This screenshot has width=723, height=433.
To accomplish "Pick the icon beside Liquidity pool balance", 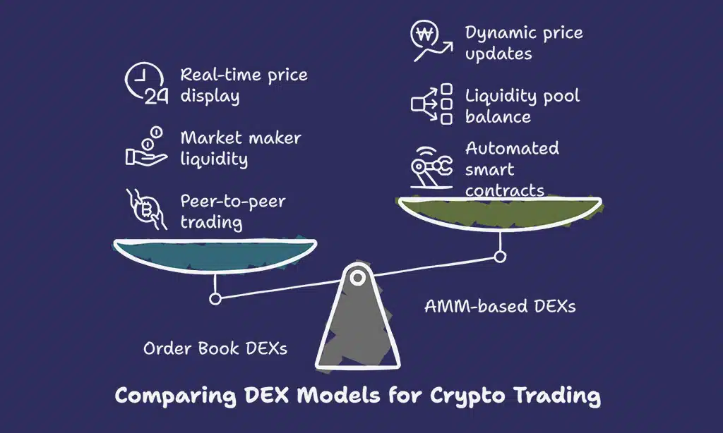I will pyautogui.click(x=431, y=104).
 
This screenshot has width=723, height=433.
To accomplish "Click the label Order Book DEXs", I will pyautogui.click(x=215, y=348).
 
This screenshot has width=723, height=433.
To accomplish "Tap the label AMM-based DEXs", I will pyautogui.click(x=500, y=305).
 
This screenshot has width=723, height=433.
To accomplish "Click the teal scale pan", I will pyautogui.click(x=215, y=254).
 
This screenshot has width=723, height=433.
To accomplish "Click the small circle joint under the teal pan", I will pyautogui.click(x=215, y=298).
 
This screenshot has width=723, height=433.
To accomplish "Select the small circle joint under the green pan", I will pyautogui.click(x=500, y=257).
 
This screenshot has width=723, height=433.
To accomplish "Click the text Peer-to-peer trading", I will pyautogui.click(x=232, y=212).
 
